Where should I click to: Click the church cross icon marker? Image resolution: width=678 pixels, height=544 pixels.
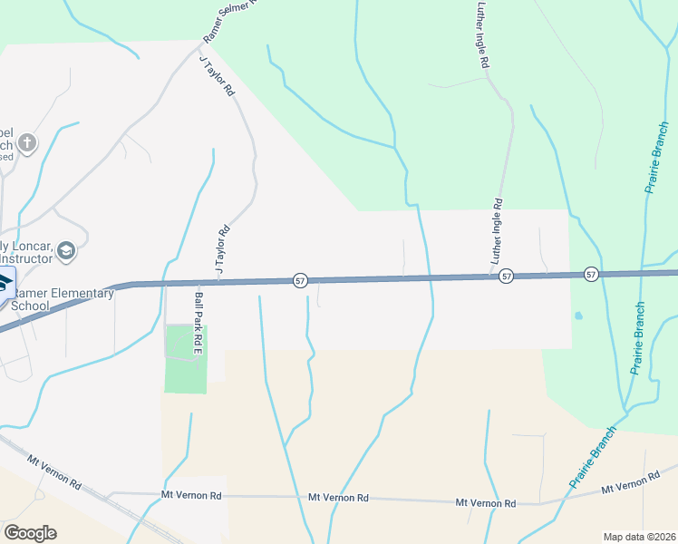(x=28, y=142)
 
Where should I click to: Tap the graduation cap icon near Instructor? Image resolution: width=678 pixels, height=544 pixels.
(x=65, y=249)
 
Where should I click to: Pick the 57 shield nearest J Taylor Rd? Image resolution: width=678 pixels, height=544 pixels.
(x=299, y=282)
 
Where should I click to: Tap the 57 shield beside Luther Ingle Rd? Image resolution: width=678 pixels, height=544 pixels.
(x=506, y=276)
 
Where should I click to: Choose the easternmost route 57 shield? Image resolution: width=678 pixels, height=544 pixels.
(x=590, y=274)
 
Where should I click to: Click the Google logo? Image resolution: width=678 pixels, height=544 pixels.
(x=30, y=533)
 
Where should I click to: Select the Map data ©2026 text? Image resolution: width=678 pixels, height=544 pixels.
(x=639, y=537)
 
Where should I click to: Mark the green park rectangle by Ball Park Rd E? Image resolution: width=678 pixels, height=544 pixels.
(x=186, y=359)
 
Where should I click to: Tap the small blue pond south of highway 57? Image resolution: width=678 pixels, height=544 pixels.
(x=577, y=316)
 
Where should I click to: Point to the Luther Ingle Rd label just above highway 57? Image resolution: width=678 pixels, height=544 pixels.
(x=497, y=232)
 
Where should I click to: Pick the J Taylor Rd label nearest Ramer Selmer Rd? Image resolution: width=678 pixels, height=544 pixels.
(x=217, y=76)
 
